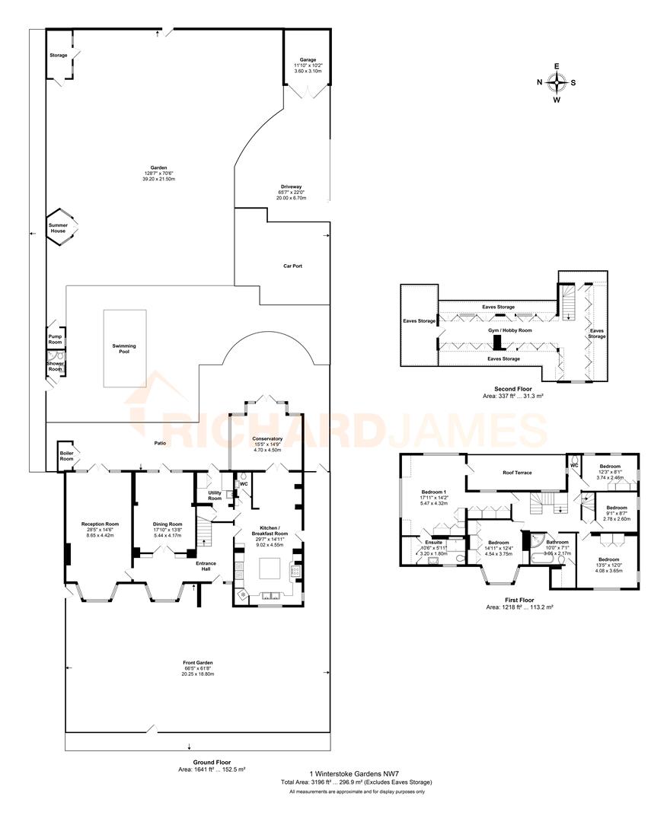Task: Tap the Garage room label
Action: coord(308,59)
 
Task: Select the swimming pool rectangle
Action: coord(124,348)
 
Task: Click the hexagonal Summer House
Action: coord(59,228)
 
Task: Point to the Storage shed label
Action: coord(59,56)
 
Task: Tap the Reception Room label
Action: coord(101,524)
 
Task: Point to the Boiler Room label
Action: coord(67,455)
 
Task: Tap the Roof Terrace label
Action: coord(517,473)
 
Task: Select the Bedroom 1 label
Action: coord(435,492)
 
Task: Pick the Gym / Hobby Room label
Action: coord(509,331)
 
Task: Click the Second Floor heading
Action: coord(502,388)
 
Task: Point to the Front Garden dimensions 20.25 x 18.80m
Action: coord(197,674)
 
